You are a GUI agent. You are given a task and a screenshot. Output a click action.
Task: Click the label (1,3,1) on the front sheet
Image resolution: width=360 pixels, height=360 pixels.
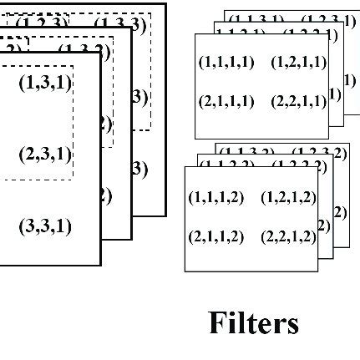pos(45,83)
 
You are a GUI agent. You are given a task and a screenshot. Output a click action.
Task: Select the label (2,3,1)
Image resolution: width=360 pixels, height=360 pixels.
pos(45,155)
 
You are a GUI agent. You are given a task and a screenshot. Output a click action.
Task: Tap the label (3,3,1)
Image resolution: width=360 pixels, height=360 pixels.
pos(45,226)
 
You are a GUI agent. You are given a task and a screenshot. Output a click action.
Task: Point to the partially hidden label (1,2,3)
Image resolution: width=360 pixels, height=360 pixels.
pos(42,24)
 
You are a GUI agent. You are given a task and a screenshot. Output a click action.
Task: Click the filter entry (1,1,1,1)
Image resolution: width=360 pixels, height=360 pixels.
pos(226,63)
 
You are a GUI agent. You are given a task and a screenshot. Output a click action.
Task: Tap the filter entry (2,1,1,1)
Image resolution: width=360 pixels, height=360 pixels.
pos(226,102)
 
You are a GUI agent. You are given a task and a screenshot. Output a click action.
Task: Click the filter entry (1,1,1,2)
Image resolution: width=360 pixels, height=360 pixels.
pos(216,198)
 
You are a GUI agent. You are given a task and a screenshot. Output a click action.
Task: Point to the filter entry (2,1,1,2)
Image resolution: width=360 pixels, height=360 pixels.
pos(216,237)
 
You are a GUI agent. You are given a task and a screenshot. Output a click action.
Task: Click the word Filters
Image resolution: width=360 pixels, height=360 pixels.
pos(253,322)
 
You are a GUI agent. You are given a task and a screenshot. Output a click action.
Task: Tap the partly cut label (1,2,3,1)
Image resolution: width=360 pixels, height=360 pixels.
pos(321,18)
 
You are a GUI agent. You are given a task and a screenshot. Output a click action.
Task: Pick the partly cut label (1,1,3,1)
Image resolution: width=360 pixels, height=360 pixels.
pos(256,18)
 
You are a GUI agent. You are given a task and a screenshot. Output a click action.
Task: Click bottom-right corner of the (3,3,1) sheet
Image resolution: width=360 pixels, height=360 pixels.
pos(100,265)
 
